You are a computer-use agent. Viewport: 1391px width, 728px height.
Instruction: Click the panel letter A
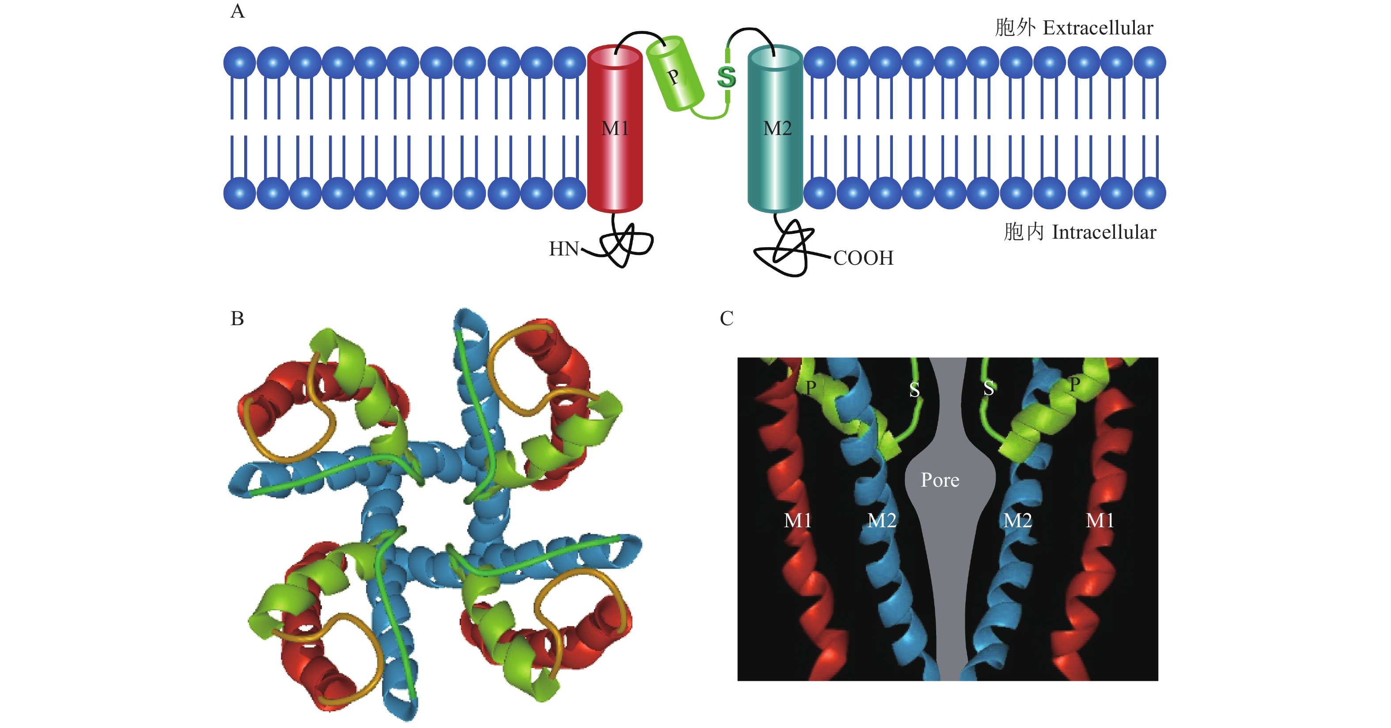[237, 11]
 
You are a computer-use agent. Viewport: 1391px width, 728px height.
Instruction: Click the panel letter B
[237, 319]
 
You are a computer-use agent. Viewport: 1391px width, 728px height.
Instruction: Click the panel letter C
[726, 319]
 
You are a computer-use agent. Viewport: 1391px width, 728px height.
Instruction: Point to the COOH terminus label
[863, 258]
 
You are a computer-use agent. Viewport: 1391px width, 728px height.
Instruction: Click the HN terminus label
[563, 249]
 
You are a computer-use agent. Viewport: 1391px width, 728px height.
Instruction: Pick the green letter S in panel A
[727, 77]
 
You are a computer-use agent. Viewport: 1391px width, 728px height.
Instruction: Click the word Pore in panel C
[940, 480]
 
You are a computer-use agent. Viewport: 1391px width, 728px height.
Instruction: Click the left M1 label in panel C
[797, 520]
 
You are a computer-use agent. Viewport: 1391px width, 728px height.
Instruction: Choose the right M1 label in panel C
[1100, 520]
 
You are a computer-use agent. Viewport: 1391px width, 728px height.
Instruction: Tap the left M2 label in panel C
[881, 520]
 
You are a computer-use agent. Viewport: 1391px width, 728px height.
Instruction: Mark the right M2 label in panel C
[1017, 520]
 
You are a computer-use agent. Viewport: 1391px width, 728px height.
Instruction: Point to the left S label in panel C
[914, 390]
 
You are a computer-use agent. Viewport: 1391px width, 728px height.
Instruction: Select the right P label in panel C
[1074, 385]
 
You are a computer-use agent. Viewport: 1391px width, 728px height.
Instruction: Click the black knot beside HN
[626, 246]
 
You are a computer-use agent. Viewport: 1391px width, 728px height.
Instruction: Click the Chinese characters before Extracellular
[1015, 27]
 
